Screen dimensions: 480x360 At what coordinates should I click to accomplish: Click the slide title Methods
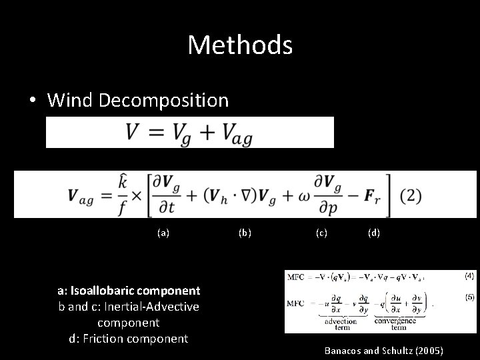tap(240, 45)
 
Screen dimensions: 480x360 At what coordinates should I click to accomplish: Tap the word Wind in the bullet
tap(71, 101)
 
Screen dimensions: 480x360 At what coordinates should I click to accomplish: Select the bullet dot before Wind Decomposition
tap(33, 101)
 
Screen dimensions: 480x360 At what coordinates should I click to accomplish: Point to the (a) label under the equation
tap(163, 233)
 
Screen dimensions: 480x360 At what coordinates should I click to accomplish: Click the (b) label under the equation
tap(245, 233)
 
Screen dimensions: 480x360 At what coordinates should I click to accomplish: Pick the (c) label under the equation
tap(321, 233)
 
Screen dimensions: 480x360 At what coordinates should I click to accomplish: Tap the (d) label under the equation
tap(374, 233)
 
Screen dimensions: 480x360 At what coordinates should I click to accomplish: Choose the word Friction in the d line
tap(103, 339)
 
